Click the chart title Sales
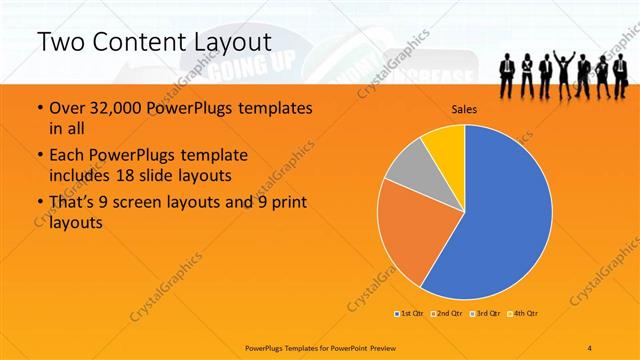click(x=464, y=108)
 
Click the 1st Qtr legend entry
click(x=410, y=313)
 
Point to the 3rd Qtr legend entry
click(x=484, y=313)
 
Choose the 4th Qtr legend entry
click(x=524, y=313)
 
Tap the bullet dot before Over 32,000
click(x=38, y=108)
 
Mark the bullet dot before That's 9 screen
click(x=38, y=203)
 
